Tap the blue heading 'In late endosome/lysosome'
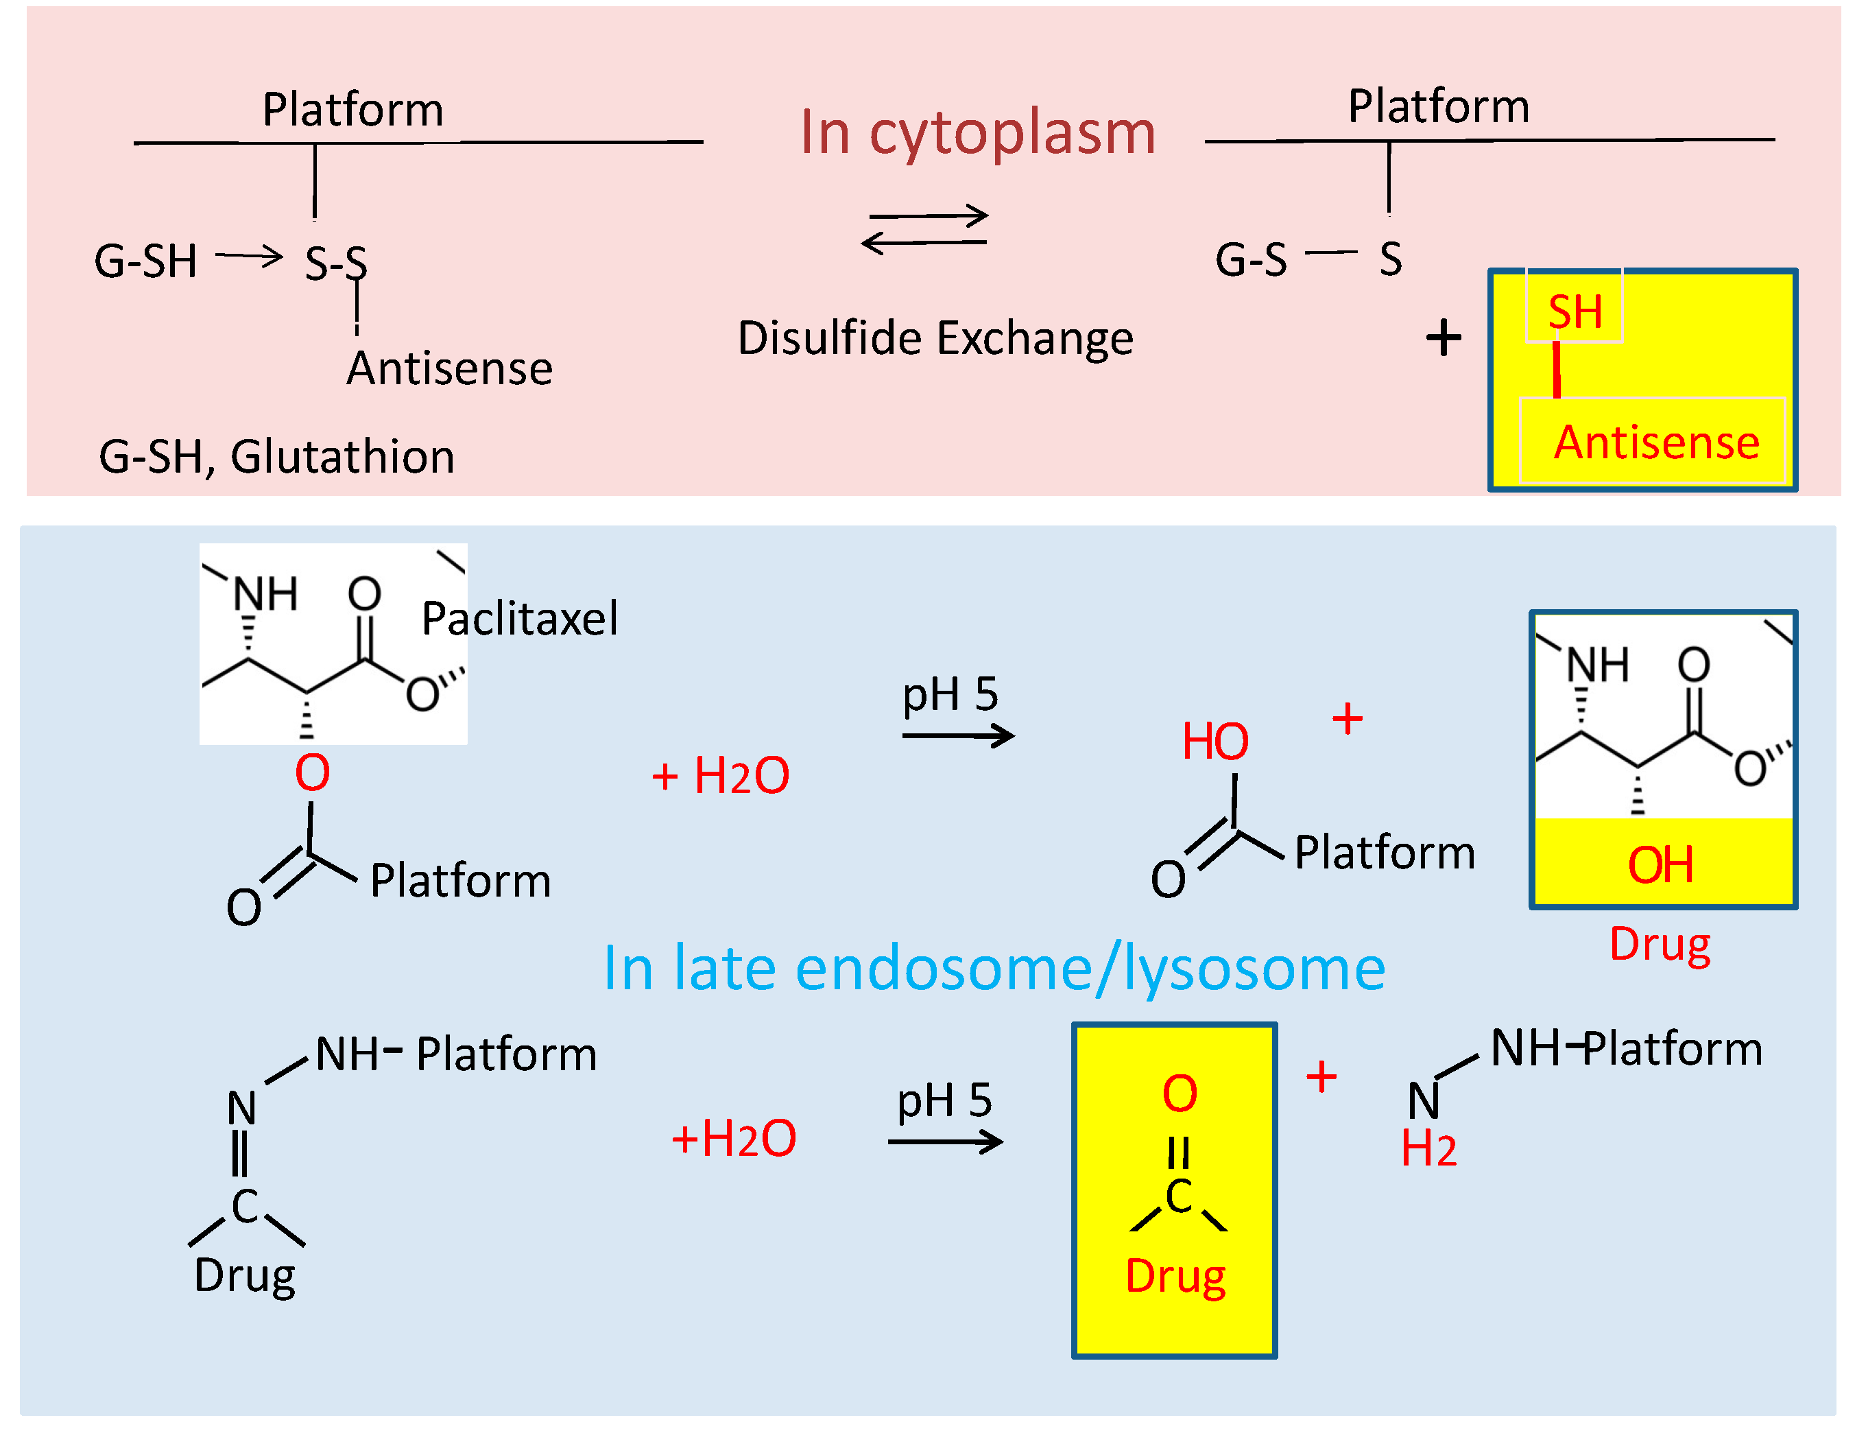coord(994,969)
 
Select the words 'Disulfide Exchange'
coord(935,338)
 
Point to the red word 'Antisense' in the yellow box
coord(1656,442)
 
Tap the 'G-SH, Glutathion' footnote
coord(277,456)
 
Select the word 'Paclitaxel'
coord(520,618)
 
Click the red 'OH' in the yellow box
coord(1660,865)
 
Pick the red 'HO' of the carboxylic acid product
coord(1215,741)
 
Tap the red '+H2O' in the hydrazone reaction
coord(734,1139)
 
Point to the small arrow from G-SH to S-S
coord(249,255)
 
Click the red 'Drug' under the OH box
coord(1660,944)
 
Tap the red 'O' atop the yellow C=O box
coord(1180,1093)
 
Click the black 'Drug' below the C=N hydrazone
coord(245,1275)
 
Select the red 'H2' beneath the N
coord(1428,1149)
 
